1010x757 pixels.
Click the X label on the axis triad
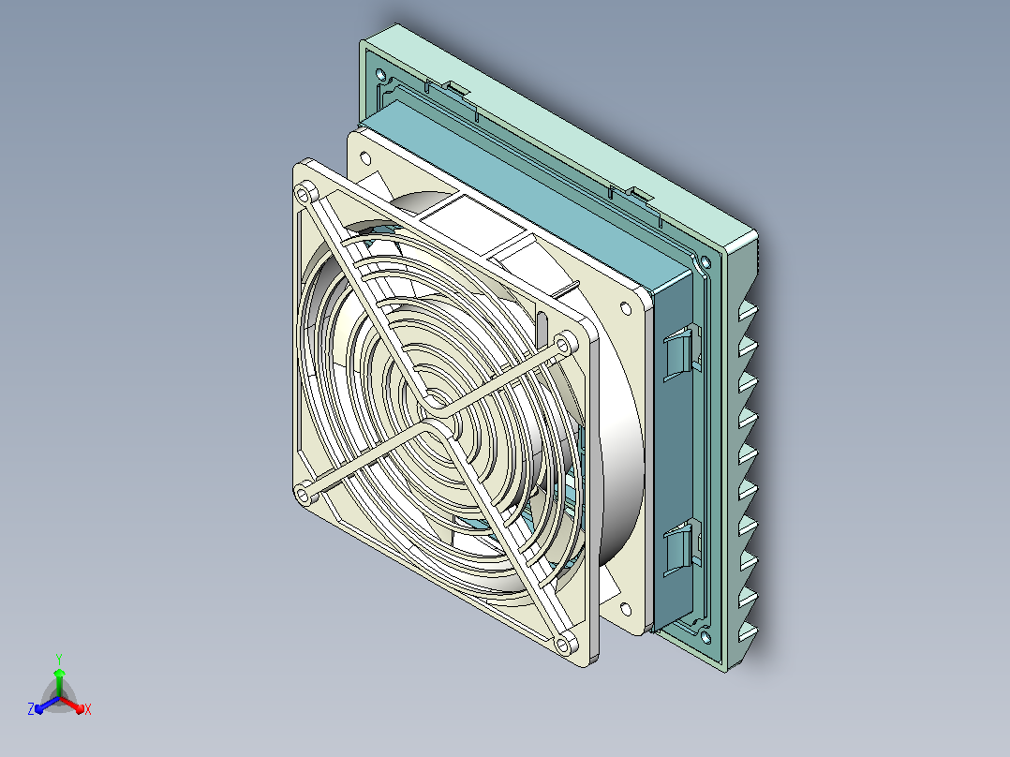(88, 709)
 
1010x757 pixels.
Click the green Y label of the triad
(59, 659)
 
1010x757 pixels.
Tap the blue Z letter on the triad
(31, 708)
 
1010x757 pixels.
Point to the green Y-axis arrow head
(59, 673)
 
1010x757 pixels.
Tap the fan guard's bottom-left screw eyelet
(304, 495)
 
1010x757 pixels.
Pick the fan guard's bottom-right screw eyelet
(565, 644)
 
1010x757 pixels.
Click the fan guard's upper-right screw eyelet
(565, 344)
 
